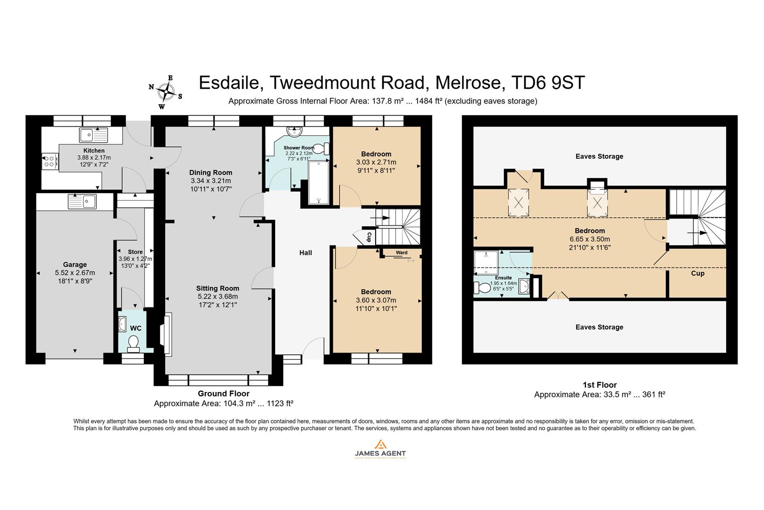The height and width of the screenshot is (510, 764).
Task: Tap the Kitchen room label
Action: tap(93, 151)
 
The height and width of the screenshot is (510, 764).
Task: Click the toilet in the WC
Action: tap(134, 343)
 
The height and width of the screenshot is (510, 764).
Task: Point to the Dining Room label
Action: tap(210, 172)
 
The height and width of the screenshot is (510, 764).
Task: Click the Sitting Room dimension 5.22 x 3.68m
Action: tap(218, 297)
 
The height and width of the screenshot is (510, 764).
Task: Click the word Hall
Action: tap(305, 253)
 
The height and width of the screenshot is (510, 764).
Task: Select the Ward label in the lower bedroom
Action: tap(402, 253)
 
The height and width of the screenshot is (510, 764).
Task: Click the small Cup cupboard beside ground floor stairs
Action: tap(369, 237)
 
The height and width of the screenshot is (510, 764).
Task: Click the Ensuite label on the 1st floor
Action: tap(503, 278)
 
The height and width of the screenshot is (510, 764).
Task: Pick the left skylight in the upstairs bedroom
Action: tap(518, 203)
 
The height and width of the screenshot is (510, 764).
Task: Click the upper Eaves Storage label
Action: tap(599, 156)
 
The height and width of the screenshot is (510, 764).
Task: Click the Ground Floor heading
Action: tap(223, 393)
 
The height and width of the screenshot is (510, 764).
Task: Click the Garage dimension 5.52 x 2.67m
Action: tap(75, 272)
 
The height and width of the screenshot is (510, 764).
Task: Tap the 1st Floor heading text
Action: tap(599, 385)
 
